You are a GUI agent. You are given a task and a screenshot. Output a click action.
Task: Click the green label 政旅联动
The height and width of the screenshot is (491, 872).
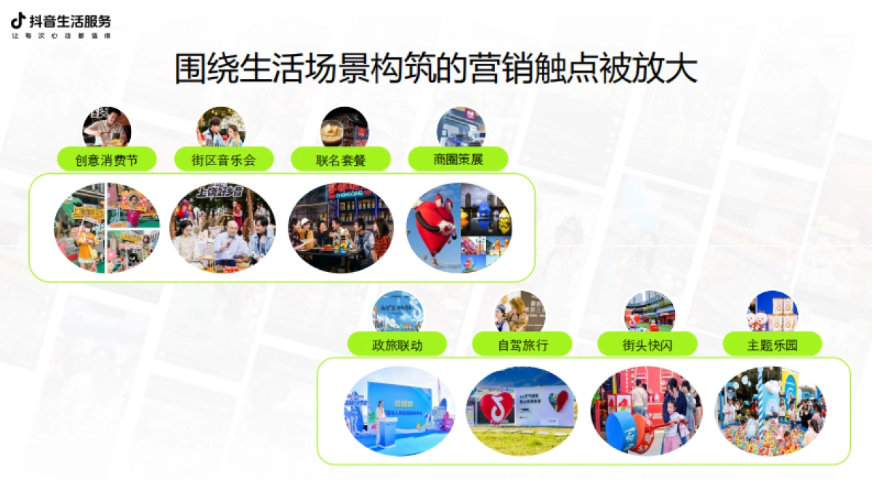[397, 345]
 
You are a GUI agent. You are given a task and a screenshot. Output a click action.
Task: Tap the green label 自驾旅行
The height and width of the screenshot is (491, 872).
[522, 345]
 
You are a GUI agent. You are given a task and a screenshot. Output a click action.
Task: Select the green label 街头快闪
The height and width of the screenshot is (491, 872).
[647, 345]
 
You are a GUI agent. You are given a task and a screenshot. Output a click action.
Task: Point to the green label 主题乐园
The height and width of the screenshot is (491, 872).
[772, 345]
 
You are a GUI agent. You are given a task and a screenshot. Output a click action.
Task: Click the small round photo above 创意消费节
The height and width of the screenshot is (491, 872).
[106, 127]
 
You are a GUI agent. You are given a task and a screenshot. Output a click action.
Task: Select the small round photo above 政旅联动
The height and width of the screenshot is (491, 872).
[397, 311]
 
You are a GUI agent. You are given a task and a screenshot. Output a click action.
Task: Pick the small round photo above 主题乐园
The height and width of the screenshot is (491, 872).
[772, 311]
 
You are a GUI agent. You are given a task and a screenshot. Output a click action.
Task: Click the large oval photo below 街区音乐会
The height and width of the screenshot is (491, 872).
[223, 228]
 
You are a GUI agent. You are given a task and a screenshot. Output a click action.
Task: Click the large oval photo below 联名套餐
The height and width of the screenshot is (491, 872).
[341, 228]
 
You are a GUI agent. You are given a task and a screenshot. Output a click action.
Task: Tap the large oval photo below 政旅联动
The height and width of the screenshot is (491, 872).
[400, 411]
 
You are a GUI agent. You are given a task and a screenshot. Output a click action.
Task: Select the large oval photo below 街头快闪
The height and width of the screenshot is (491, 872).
[647, 411]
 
